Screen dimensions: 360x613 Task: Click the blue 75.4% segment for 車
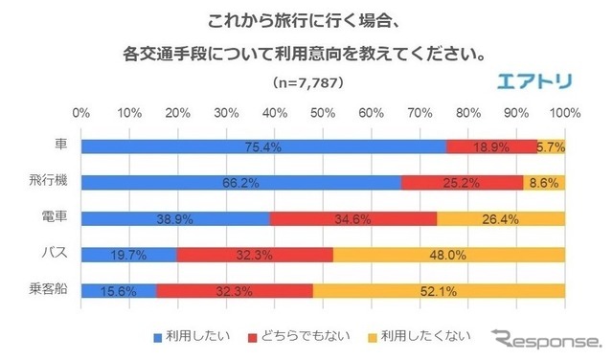[x=263, y=146]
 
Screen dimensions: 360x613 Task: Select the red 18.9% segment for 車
[x=491, y=146]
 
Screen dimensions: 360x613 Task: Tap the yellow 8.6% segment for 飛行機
[x=544, y=182]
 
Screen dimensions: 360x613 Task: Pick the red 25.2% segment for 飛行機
[x=462, y=182]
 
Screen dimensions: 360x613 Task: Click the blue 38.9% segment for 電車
[x=175, y=218]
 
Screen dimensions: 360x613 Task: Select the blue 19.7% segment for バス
[x=129, y=255]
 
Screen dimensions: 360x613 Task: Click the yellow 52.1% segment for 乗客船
[x=439, y=290]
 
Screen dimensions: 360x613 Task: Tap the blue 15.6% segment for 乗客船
[x=119, y=290]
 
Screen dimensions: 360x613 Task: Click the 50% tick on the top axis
[x=324, y=113]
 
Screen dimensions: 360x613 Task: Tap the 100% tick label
[x=563, y=113]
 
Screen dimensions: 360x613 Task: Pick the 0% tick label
[x=81, y=113]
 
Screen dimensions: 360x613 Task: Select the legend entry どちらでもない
[x=296, y=336]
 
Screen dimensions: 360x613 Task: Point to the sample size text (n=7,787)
[x=307, y=82]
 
